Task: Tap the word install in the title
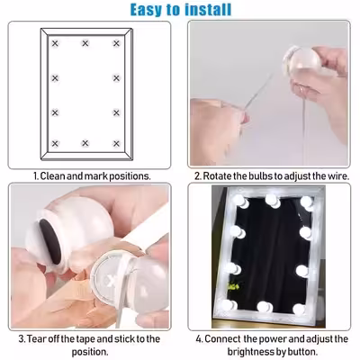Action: [208, 9]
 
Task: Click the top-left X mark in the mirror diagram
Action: [55, 43]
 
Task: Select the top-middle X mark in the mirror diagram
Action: [85, 43]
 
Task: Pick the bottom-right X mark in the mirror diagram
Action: [116, 143]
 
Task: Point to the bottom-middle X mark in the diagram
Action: [85, 143]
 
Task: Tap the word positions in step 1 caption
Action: [130, 176]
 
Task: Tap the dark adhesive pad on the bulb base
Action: [49, 242]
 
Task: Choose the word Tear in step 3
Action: [35, 339]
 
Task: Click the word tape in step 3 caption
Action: [85, 340]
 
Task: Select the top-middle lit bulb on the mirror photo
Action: [273, 201]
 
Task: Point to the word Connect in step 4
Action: [222, 339]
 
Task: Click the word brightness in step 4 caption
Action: [255, 352]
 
